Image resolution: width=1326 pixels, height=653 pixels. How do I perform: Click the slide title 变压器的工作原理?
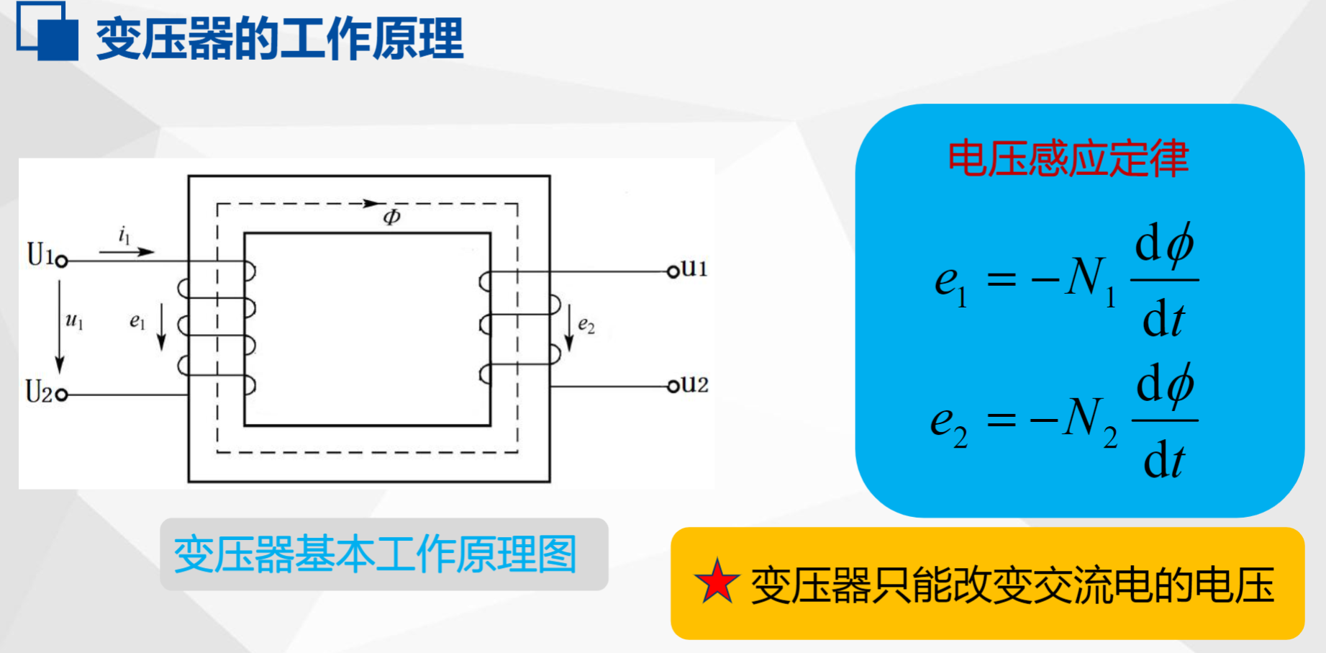click(x=280, y=39)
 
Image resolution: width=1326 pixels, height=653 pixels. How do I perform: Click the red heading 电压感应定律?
click(x=1068, y=159)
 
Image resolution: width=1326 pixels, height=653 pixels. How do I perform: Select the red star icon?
click(x=717, y=582)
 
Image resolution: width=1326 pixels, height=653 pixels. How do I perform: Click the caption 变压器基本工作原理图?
click(x=375, y=554)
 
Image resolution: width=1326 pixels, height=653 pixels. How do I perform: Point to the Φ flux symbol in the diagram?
click(x=391, y=217)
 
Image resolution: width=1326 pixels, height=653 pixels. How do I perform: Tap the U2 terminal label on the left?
click(x=39, y=392)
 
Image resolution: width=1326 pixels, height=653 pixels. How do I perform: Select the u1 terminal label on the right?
click(x=694, y=269)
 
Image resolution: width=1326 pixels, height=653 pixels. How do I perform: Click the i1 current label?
click(x=124, y=235)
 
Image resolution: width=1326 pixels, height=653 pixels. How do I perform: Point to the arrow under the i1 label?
click(x=127, y=252)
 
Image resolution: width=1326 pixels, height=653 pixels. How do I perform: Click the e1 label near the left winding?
click(x=137, y=322)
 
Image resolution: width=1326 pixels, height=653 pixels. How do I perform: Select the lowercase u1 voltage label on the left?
click(x=74, y=320)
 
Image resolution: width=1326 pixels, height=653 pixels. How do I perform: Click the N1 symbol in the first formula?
click(x=1090, y=281)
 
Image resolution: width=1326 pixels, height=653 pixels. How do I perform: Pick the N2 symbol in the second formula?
click(x=1090, y=421)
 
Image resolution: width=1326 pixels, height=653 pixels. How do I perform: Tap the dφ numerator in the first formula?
click(x=1164, y=245)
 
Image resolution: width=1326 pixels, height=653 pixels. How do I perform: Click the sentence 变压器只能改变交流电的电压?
click(x=1012, y=585)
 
